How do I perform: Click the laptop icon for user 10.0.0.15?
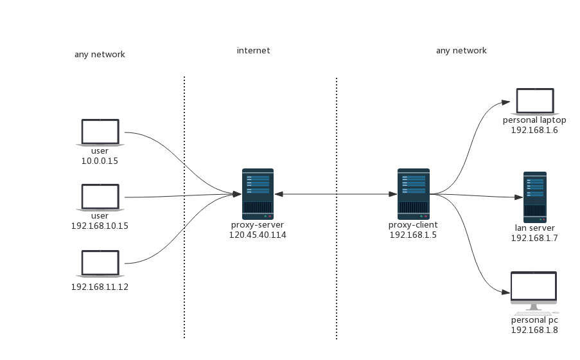coord(100,132)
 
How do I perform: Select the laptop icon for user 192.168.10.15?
coord(100,197)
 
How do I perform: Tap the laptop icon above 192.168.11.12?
coord(100,264)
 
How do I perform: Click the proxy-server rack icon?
coord(258,194)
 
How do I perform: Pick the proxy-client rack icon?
coord(413,194)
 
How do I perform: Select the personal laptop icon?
coord(535,102)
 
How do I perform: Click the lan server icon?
coord(534,197)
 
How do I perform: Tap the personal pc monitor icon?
coord(534,289)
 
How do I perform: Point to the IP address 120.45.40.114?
coord(258,235)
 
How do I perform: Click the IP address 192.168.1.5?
coord(413,235)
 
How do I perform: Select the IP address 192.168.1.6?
coord(534,130)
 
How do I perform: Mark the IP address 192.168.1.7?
coord(534,239)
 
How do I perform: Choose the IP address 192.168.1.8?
coord(534,330)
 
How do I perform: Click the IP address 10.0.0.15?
coord(100,161)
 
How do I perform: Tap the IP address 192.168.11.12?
coord(100,287)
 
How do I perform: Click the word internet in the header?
coord(253,51)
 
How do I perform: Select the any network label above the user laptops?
coord(100,55)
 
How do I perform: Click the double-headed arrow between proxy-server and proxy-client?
coord(335,194)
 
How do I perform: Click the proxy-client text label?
coord(413,225)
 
